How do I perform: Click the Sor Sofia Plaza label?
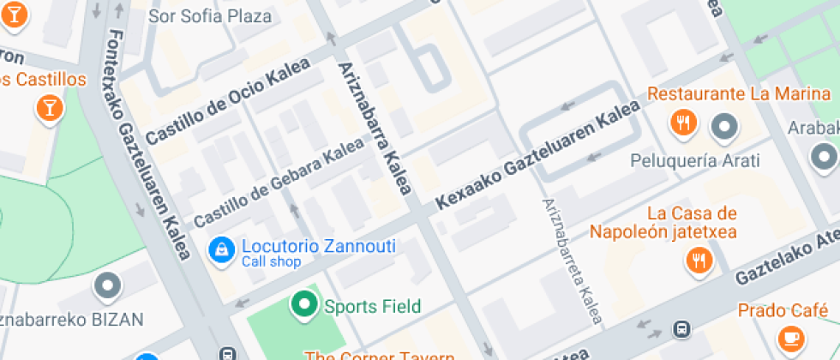210,16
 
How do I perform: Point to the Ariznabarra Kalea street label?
375,128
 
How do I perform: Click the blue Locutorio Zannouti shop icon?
221,250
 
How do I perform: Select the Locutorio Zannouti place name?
318,247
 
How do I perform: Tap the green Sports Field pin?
303,304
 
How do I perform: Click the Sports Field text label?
372,306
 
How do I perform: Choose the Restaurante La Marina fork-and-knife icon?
683,123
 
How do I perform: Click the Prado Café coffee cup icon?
788,335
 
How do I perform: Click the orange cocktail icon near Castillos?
50,108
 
